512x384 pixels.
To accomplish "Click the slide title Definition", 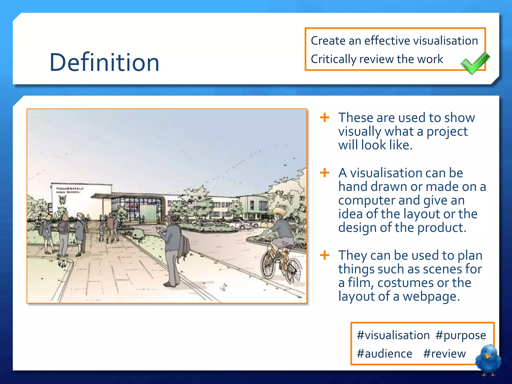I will pyautogui.click(x=104, y=62).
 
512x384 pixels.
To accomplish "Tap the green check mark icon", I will pyautogui.click(x=474, y=63).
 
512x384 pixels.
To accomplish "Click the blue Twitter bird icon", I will pyautogui.click(x=488, y=359).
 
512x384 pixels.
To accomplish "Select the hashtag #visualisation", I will pyautogui.click(x=393, y=335).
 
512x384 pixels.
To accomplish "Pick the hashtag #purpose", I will pyautogui.click(x=460, y=335).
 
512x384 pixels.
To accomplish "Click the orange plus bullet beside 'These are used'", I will pyautogui.click(x=324, y=117).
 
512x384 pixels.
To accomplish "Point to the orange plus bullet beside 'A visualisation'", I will pyautogui.click(x=324, y=172).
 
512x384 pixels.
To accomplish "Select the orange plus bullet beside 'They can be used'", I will pyautogui.click(x=324, y=255).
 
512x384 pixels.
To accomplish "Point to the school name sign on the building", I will pyautogui.click(x=69, y=190).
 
